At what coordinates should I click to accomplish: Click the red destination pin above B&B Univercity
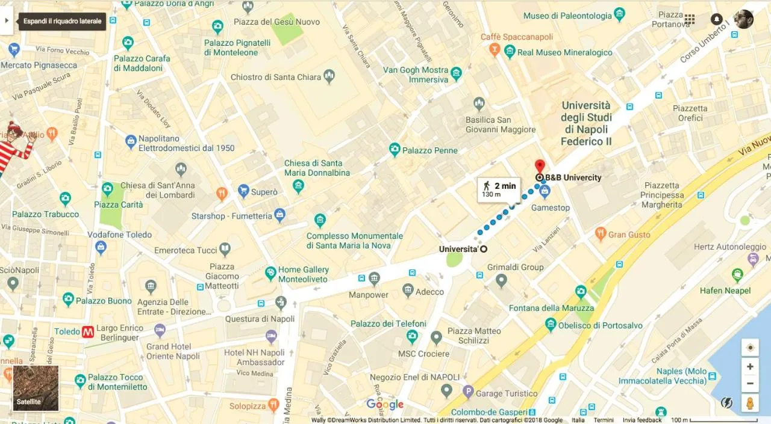pos(540,166)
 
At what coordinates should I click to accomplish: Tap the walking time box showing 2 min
pos(499,189)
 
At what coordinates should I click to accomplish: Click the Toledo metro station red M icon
pos(88,331)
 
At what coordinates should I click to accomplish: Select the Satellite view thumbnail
pos(36,388)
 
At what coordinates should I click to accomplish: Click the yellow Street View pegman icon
pos(750,403)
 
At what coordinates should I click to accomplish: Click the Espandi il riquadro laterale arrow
pos(7,20)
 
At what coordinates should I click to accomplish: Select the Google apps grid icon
pos(690,19)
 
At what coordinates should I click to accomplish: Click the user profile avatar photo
pos(744,19)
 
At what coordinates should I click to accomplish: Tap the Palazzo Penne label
pos(429,150)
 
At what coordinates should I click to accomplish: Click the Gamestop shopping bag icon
pos(545,192)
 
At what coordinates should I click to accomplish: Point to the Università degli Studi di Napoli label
pos(586,123)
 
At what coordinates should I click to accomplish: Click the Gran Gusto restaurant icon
pos(600,235)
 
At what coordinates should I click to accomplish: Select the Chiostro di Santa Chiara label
pos(276,77)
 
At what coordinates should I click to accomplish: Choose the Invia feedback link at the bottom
pos(642,420)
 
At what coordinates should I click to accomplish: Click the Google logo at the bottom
pos(385,404)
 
